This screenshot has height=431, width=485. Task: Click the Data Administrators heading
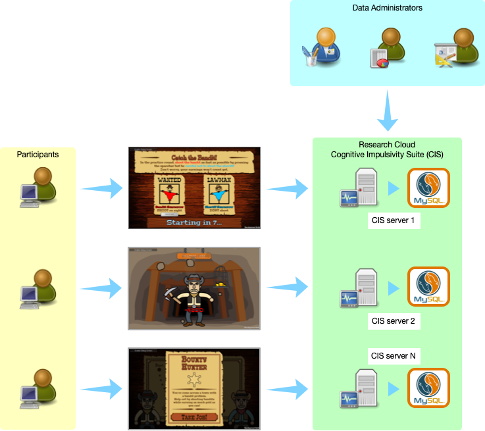point(387,8)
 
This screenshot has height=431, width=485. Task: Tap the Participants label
point(38,155)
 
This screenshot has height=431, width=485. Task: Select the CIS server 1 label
point(394,220)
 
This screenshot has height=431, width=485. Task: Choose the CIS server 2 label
point(394,321)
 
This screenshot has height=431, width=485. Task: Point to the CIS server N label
point(394,356)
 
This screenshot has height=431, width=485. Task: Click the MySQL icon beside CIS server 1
point(428,188)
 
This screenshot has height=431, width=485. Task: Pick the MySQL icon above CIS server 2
point(428,287)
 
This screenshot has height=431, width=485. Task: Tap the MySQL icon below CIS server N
point(428,388)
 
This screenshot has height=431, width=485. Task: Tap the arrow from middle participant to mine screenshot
point(102,288)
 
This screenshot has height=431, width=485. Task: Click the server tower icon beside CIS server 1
point(359,188)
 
